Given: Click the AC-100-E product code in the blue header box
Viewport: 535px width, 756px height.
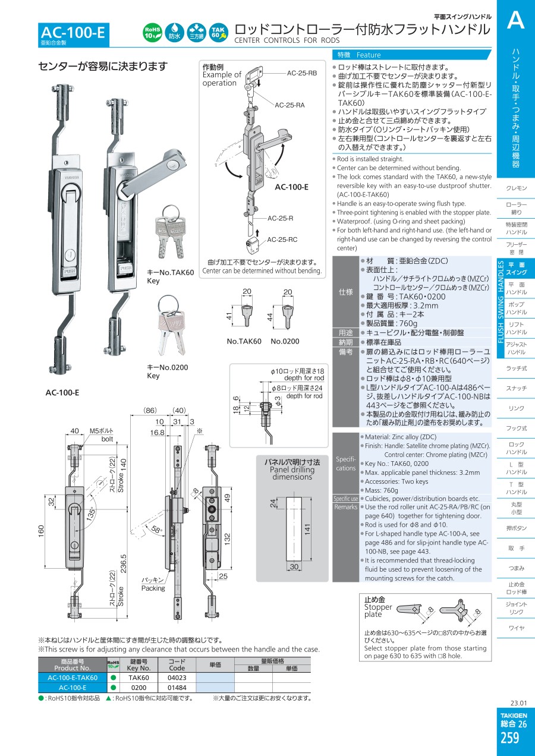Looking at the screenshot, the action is point(73,33).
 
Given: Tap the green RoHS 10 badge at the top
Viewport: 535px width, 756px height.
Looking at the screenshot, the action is point(153,33).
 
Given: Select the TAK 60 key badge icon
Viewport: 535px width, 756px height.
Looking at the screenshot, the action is point(218,33).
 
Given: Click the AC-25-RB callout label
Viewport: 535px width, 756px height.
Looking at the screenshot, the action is point(302,73).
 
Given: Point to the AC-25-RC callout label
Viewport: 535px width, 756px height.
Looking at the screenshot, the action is point(282,240).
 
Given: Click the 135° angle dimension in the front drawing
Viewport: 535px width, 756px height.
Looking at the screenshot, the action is point(91,514).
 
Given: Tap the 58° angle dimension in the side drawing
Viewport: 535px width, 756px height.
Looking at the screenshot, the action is point(156,529).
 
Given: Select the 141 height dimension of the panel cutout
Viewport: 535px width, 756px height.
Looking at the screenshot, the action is point(307,529).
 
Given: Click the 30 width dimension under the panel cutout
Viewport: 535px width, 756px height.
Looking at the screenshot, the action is point(294,566).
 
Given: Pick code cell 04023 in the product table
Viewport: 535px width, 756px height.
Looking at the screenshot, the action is point(177,678).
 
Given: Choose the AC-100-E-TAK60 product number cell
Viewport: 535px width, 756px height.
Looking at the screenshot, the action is point(73,678).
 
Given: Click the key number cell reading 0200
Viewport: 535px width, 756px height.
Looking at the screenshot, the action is point(139,688).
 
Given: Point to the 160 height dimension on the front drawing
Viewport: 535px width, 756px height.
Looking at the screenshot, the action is point(41,531).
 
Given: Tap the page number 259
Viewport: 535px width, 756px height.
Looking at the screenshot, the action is point(509,738).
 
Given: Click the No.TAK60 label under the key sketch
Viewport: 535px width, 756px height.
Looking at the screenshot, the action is point(244,341).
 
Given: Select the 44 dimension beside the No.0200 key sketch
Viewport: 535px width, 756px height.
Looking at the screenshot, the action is point(270,317).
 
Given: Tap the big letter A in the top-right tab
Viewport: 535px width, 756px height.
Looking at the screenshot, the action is point(516,20).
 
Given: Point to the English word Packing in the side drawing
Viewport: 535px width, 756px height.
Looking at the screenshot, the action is point(153,588).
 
